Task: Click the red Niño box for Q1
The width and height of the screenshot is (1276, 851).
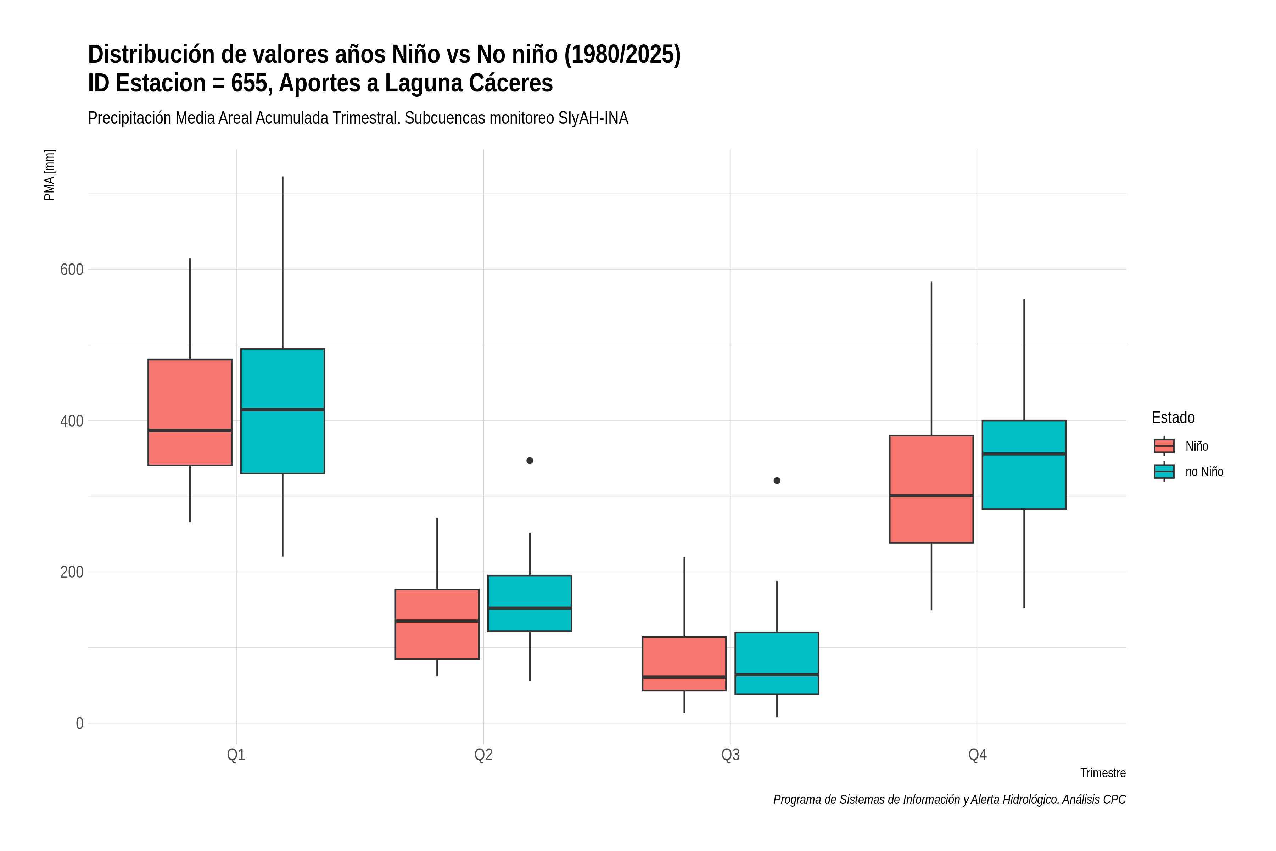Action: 190,412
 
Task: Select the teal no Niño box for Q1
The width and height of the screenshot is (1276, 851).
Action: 282,411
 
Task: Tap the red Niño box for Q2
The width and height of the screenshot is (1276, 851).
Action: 437,624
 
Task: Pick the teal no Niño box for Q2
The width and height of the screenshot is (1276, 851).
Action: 530,603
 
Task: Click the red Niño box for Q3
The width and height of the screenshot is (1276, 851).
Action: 684,664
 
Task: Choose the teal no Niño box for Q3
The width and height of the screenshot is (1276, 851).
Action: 777,663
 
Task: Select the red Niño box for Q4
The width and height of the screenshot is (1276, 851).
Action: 931,489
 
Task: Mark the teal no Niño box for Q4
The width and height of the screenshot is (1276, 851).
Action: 1024,465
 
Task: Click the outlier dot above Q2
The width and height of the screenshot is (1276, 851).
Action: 530,461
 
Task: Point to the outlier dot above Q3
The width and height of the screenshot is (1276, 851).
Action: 777,481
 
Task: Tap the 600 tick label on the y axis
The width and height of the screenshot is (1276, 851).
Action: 72,270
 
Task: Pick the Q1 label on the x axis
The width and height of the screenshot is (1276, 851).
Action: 236,755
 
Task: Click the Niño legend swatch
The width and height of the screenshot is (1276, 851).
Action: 1164,446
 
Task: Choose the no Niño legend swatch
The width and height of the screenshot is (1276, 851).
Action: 1164,472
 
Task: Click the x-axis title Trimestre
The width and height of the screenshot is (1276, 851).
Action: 1103,773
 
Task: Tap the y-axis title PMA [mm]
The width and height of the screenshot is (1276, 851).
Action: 49,175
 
